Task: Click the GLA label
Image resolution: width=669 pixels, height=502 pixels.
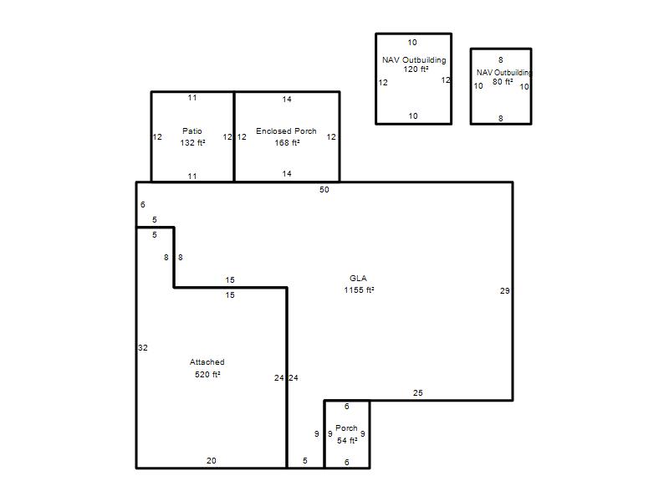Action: [358, 279]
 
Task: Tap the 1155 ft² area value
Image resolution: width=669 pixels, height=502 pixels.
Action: [359, 289]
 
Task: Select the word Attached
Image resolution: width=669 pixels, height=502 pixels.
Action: [207, 362]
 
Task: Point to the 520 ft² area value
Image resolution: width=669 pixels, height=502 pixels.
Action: [207, 374]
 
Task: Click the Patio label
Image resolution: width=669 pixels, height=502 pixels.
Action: [192, 131]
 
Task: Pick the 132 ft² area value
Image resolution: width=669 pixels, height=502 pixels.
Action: [192, 142]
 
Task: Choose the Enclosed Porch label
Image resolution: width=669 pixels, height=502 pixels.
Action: [286, 131]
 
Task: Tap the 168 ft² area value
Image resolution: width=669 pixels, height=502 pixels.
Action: [287, 142]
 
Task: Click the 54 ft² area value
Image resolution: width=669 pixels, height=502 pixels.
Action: [347, 441]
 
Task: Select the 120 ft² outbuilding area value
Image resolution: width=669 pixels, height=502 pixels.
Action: [416, 69]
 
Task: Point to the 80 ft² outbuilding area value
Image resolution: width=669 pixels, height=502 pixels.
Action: [503, 81]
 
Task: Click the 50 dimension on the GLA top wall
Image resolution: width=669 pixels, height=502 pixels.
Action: [324, 190]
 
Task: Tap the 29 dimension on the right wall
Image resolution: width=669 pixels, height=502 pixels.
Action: [505, 290]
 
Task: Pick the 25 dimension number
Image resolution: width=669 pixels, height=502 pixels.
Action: [417, 392]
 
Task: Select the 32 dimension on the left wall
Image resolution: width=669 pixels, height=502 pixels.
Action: [143, 348]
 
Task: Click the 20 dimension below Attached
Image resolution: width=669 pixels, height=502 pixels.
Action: [212, 461]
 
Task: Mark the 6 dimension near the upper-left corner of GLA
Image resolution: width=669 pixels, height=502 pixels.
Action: [143, 204]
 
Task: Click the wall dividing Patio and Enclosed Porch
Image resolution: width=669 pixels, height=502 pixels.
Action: [234, 136]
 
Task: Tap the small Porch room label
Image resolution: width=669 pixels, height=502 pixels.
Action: [346, 428]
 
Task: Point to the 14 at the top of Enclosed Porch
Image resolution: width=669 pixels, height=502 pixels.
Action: [287, 100]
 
